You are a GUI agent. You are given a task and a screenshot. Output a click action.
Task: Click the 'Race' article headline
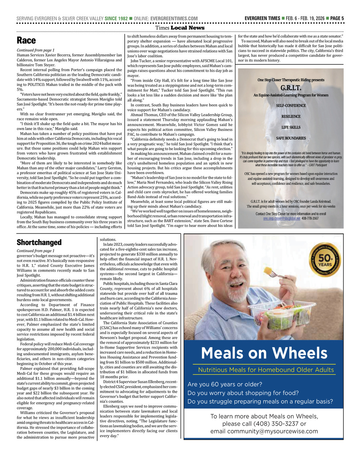click(26, 40)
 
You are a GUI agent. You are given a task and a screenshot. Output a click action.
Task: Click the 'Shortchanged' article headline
click(39, 242)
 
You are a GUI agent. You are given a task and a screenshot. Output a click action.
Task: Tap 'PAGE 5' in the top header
click(337, 18)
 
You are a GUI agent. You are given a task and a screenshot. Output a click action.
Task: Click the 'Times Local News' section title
click(180, 28)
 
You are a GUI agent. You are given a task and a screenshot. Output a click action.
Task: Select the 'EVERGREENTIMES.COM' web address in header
click(174, 18)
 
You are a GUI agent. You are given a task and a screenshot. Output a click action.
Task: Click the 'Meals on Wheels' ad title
click(264, 353)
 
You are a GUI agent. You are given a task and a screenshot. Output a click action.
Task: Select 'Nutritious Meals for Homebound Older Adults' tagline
click(266, 370)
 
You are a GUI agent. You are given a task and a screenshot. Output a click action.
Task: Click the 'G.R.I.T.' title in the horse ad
click(291, 88)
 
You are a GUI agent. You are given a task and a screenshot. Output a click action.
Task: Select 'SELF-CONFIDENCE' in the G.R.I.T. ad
click(291, 105)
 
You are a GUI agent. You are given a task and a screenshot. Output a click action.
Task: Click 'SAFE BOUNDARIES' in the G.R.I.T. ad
click(291, 138)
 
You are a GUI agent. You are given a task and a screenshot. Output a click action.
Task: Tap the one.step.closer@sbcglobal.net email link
click(281, 218)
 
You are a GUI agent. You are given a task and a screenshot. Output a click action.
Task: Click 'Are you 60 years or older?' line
click(225, 384)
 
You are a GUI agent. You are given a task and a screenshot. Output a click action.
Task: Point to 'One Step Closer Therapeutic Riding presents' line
click(291, 80)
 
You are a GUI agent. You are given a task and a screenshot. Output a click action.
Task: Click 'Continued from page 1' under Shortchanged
click(36, 251)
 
